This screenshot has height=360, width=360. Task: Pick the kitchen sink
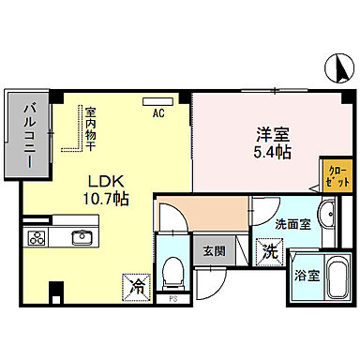82,235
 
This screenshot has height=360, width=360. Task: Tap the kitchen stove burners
37,236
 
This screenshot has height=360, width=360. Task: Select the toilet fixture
171,273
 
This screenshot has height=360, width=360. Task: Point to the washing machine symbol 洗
268,251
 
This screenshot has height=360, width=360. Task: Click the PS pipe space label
172,300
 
